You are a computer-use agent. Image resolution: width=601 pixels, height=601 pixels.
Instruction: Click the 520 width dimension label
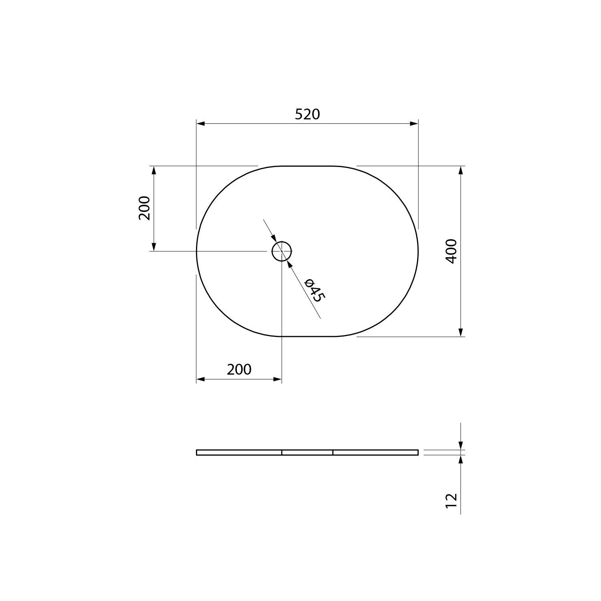(x=307, y=115)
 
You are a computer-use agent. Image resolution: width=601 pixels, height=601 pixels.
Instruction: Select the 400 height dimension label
(x=451, y=251)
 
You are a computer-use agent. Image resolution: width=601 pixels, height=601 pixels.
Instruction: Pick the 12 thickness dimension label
(x=451, y=501)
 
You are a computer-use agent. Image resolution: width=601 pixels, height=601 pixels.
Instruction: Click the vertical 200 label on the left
(x=144, y=208)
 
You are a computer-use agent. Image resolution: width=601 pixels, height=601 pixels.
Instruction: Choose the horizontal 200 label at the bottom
(x=239, y=369)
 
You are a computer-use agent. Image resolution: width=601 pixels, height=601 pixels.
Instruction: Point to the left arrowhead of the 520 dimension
(x=201, y=124)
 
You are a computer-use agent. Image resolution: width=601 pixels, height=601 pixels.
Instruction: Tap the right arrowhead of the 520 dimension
(x=414, y=124)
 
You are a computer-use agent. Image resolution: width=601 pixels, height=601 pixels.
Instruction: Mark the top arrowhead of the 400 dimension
(x=461, y=170)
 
